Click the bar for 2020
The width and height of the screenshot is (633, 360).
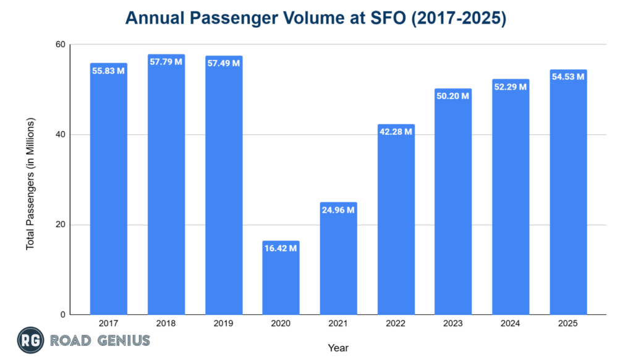pyautogui.click(x=281, y=278)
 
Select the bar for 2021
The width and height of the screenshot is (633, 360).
pyautogui.click(x=338, y=260)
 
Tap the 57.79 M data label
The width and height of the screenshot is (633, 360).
pyautogui.click(x=166, y=62)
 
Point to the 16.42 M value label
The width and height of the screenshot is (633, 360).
pyautogui.click(x=281, y=248)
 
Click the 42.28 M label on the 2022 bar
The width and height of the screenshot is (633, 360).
pyautogui.click(x=396, y=132)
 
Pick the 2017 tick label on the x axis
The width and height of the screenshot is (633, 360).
pyautogui.click(x=109, y=323)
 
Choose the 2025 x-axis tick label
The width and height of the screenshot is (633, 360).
pyautogui.click(x=568, y=323)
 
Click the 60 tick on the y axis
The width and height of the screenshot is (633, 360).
pyautogui.click(x=59, y=45)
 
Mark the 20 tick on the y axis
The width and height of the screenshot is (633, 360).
pyautogui.click(x=59, y=225)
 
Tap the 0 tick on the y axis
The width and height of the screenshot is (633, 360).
pyautogui.click(x=62, y=315)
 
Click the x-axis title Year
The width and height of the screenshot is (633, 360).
pyautogui.click(x=338, y=348)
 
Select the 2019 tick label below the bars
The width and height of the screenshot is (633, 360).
pyautogui.click(x=223, y=323)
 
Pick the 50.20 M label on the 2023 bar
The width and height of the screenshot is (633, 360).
pyautogui.click(x=453, y=96)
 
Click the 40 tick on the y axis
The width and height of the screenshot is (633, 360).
pyautogui.click(x=59, y=135)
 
